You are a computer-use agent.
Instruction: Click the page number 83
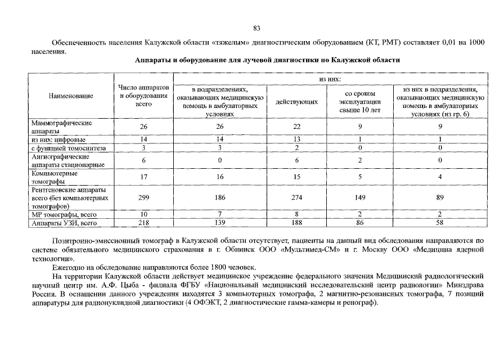pos(256,28)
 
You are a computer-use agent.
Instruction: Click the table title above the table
pos(268,60)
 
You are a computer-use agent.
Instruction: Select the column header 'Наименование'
pos(70,97)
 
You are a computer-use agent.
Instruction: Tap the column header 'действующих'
pos(297,101)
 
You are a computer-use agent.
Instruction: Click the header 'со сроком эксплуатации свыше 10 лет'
pos(360,101)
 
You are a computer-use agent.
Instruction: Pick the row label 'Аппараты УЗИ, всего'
pos(65,223)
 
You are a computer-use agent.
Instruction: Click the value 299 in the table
pos(143,198)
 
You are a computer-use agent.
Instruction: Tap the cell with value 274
pos(297,198)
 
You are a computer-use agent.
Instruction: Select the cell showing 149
pos(360,198)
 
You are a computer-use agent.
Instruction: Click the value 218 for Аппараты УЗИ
pos(143,223)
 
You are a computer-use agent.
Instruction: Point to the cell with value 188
pos(297,223)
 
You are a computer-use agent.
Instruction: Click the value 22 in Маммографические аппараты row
pos(297,127)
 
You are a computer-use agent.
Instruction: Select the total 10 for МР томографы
pos(143,214)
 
